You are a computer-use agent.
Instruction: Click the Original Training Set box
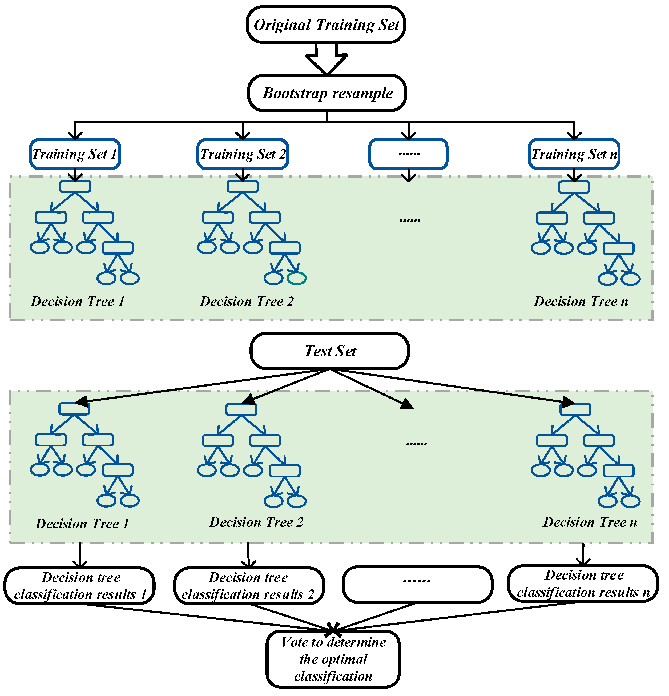pyautogui.click(x=326, y=25)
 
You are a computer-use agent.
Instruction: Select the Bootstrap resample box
pyautogui.click(x=327, y=93)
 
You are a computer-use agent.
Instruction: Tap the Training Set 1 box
pyautogui.click(x=75, y=154)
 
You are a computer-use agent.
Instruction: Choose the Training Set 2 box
pyautogui.click(x=243, y=154)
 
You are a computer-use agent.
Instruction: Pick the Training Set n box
pyautogui.click(x=574, y=154)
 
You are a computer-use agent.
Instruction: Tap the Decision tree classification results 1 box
pyautogui.click(x=79, y=586)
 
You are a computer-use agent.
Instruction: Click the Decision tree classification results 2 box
pyautogui.click(x=249, y=586)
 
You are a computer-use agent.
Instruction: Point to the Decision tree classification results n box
pyautogui.click(x=583, y=584)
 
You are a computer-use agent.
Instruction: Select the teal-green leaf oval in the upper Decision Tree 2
pyautogui.click(x=296, y=278)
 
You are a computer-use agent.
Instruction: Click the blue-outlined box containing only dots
pyautogui.click(x=408, y=154)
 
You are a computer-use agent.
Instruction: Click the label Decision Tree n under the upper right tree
pyautogui.click(x=581, y=301)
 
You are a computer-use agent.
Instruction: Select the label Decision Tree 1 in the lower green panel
pyautogui.click(x=82, y=524)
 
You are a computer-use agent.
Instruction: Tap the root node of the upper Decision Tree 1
pyautogui.click(x=75, y=186)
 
